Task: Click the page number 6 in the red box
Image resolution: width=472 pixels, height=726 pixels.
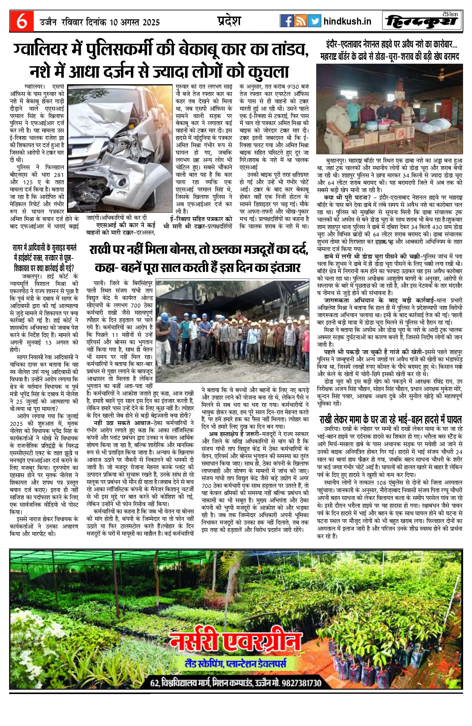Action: (x=22, y=21)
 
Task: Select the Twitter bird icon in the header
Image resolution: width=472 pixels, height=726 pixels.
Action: (x=314, y=21)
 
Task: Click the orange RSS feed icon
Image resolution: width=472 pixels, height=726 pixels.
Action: (x=300, y=21)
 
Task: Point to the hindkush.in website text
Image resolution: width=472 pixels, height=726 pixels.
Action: (x=347, y=22)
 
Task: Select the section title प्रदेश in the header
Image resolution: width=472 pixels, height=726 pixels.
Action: (x=229, y=21)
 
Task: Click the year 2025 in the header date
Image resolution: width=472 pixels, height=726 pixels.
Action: (x=149, y=22)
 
